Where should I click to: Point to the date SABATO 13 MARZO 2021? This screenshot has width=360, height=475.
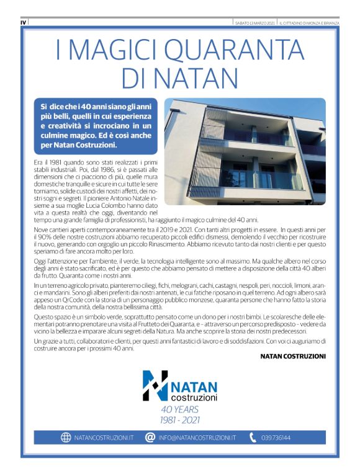[253, 22]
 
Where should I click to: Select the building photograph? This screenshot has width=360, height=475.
[245, 151]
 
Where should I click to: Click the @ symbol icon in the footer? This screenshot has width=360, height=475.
[150, 437]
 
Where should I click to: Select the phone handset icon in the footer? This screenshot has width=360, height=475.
[253, 437]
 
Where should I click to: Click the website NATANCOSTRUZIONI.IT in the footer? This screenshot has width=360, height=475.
[104, 438]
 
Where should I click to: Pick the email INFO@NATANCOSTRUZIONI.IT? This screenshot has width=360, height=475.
[197, 438]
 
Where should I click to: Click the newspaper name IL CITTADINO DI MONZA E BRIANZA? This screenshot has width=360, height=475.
[308, 22]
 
